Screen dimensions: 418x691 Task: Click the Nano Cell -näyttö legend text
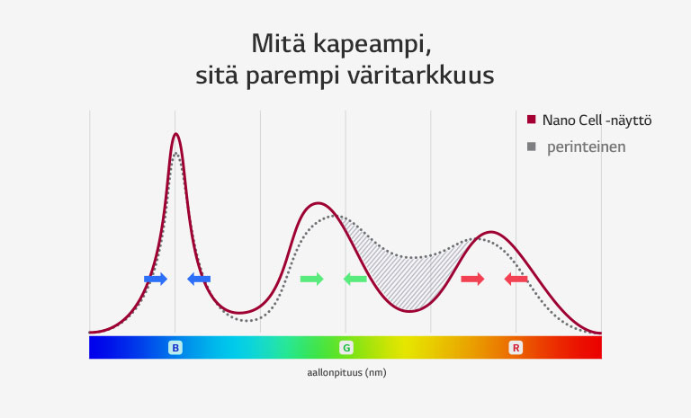pos(597,120)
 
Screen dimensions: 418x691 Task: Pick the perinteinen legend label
pos(586,147)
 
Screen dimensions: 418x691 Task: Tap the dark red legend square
pos(532,120)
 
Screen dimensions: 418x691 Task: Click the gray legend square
pos(532,147)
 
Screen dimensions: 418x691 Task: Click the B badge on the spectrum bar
pos(175,347)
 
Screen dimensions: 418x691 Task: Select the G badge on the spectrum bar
pos(345,347)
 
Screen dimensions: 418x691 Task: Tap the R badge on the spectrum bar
pos(516,347)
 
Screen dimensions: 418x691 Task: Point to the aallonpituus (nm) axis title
pos(345,372)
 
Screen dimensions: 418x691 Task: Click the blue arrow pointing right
pos(156,280)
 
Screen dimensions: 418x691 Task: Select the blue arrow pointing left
pos(198,280)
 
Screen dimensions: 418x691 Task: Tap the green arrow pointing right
pos(311,280)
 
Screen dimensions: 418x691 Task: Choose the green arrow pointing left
pos(354,280)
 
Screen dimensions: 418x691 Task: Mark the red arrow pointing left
pos(516,280)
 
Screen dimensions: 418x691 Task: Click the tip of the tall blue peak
pos(175,135)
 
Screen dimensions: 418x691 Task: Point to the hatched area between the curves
pos(405,265)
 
